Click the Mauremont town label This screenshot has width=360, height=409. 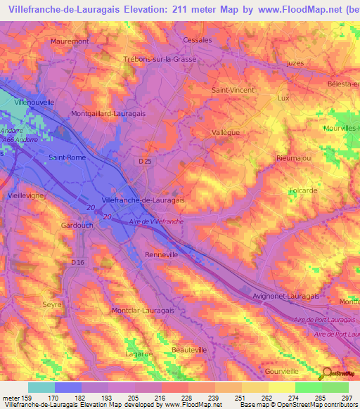tap(70, 41)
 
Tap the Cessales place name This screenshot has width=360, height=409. tap(197, 40)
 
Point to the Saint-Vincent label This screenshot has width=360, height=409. tap(233, 91)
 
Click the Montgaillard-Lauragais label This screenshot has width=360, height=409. tap(108, 112)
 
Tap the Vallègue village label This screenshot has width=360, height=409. tap(226, 131)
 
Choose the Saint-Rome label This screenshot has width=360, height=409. tap(67, 157)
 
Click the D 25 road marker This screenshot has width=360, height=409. tap(145, 162)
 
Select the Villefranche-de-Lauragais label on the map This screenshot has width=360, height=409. tap(143, 200)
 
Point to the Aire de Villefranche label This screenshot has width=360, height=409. tap(157, 221)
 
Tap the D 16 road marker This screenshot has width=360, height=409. tap(77, 262)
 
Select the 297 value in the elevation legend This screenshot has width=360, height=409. tap(347, 397)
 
